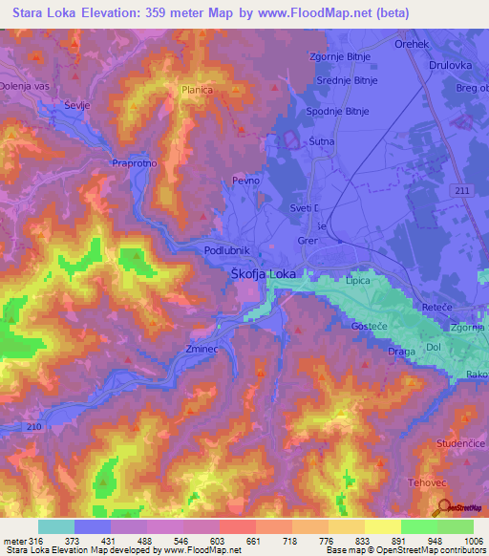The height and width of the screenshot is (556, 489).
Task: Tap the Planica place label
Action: [197, 91]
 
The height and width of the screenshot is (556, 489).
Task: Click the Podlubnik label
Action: [227, 250]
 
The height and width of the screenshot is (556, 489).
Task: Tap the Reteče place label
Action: [437, 307]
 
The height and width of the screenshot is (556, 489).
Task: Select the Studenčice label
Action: [458, 417]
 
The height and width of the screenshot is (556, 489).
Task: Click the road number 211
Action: [463, 191]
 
